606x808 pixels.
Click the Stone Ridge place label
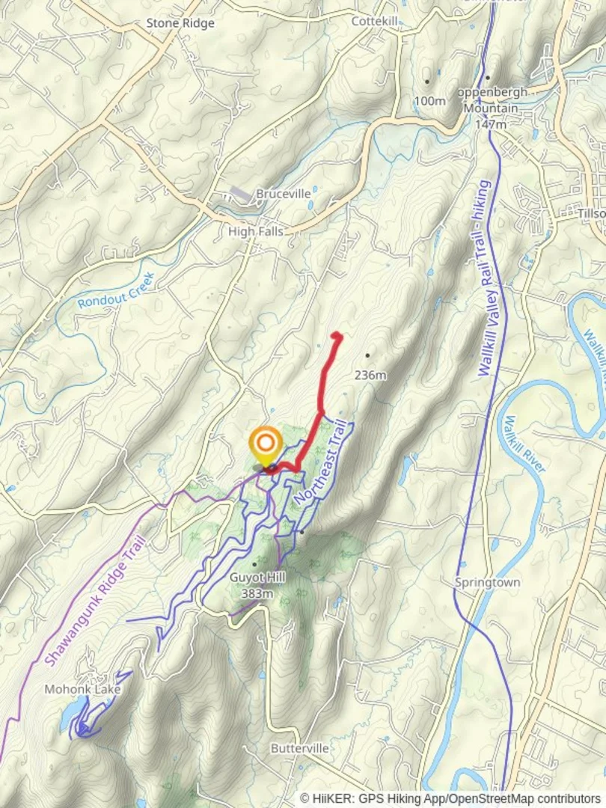click(180, 23)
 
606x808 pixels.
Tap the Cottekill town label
click(376, 22)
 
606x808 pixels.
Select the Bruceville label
click(284, 194)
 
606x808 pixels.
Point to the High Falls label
click(256, 232)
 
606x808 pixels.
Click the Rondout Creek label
click(116, 291)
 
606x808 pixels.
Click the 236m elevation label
click(370, 375)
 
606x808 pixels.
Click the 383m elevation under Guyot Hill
click(257, 593)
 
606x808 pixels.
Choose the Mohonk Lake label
click(82, 689)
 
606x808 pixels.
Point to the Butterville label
click(300, 748)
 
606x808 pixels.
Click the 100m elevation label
click(429, 100)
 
